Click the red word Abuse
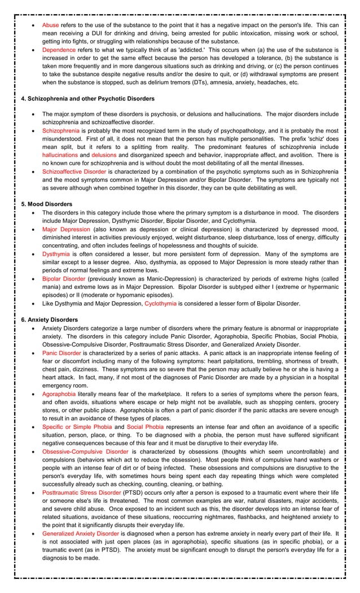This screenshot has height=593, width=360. click(x=50, y=25)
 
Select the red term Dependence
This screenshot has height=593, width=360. click(x=59, y=50)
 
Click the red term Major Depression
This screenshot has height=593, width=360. click(x=66, y=230)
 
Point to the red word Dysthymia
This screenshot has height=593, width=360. click(x=56, y=254)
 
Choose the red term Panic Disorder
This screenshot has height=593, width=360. click(x=62, y=353)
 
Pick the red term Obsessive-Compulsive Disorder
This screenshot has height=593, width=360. click(x=85, y=451)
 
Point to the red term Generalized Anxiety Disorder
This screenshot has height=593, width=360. click(x=80, y=533)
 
